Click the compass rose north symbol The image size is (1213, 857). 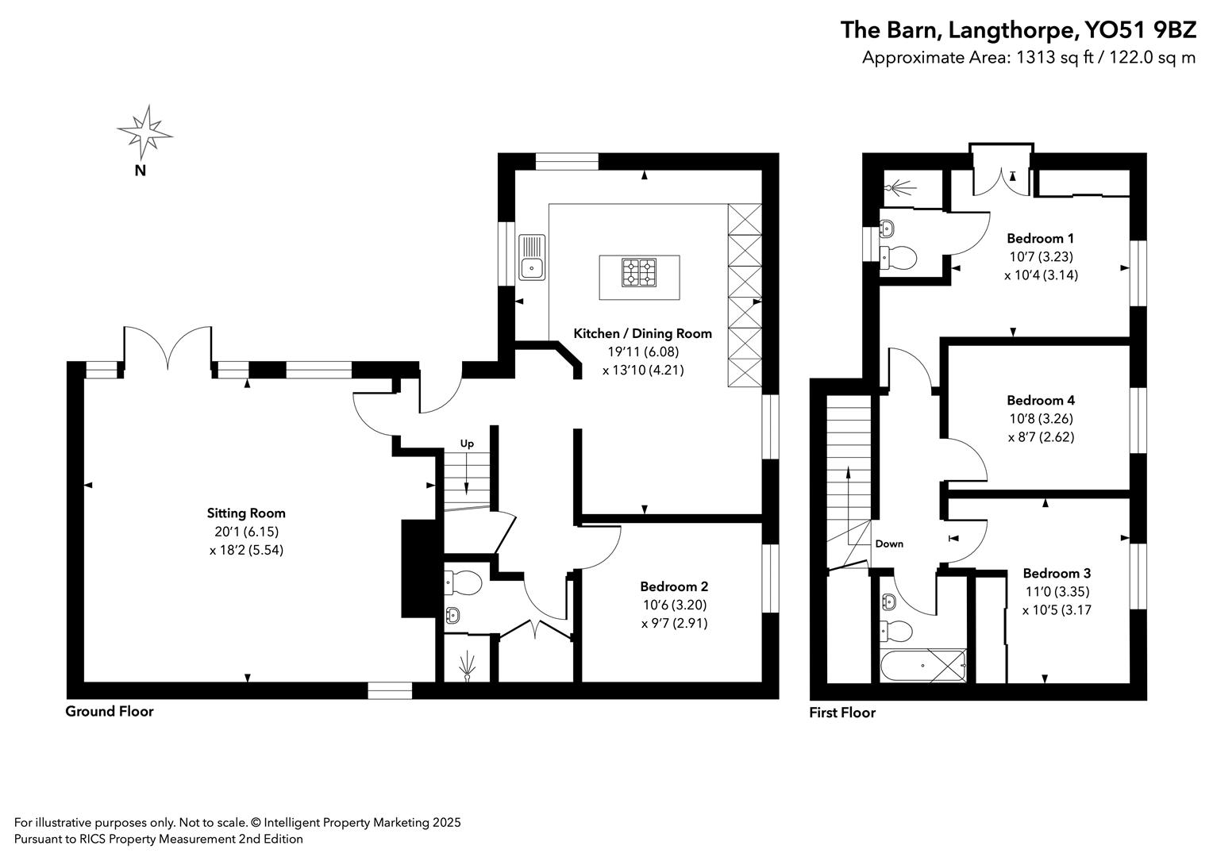coord(144,132)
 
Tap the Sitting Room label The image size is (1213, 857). coord(246,513)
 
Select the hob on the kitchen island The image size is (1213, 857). coord(639,272)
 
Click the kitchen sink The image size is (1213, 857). coord(532,258)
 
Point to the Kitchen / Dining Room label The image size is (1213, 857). coord(642,333)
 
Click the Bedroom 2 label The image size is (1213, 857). coord(674,586)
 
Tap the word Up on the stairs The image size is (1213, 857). coord(467,444)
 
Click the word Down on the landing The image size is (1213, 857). coord(889,544)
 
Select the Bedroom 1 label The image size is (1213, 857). coord(1040,238)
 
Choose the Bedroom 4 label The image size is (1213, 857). coord(1040,400)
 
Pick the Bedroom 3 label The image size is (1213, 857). coord(1057,573)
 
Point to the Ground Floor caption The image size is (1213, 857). coord(109,711)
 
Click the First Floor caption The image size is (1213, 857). coord(841,712)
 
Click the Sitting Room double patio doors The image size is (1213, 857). coord(168,349)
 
